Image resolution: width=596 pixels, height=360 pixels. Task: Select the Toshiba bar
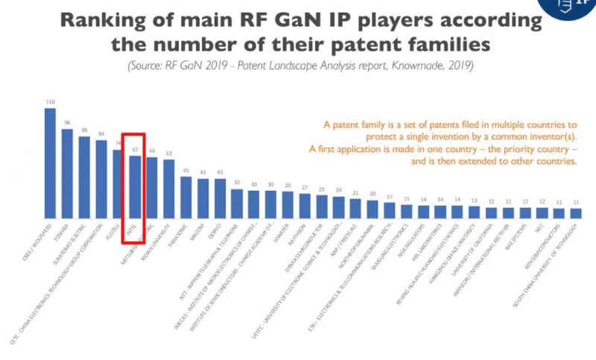(x=67, y=173)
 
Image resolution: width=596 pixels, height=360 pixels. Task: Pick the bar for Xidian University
(x=169, y=188)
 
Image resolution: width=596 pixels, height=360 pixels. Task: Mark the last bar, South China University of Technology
(x=576, y=212)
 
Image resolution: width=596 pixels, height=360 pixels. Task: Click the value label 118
(x=50, y=102)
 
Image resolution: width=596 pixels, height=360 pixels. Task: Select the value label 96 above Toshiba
(x=67, y=123)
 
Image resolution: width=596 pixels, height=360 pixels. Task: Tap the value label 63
(x=169, y=154)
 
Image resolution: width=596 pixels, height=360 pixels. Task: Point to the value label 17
(x=390, y=197)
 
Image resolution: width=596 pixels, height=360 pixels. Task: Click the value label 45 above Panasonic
(x=186, y=171)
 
